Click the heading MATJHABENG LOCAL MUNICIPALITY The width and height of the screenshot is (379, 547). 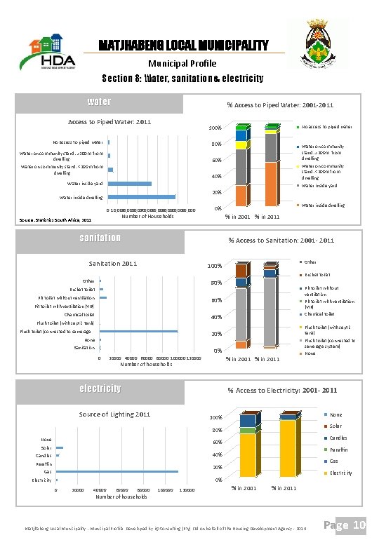(183, 46)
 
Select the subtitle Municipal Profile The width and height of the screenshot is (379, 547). (183, 63)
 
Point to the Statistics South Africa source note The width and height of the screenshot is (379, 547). (55, 220)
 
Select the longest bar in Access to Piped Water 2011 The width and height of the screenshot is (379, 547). (142, 197)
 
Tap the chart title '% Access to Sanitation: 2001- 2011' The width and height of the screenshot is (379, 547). (281, 241)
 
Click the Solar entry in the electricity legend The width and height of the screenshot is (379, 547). (335, 426)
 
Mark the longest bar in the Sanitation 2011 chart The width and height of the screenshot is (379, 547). (140, 331)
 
